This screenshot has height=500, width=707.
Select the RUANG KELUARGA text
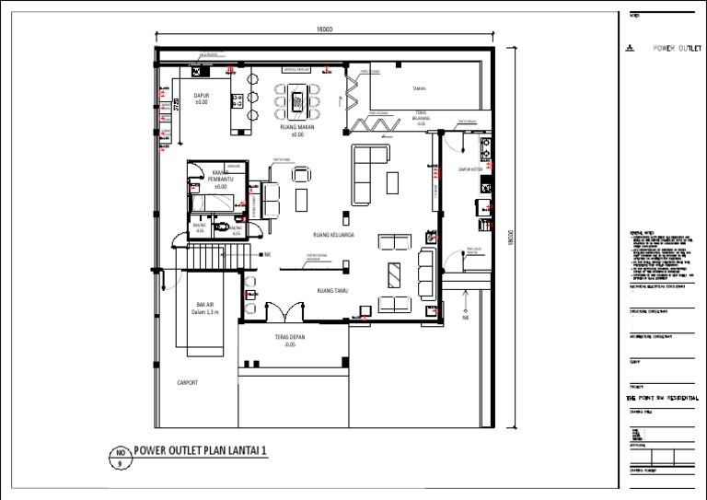click(333, 236)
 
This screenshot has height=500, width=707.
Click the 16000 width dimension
click(323, 30)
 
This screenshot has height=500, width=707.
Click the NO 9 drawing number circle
click(119, 458)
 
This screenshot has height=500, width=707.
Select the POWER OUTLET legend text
click(676, 47)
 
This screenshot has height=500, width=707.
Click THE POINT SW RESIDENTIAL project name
click(662, 397)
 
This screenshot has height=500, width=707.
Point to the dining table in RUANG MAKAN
click(296, 98)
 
